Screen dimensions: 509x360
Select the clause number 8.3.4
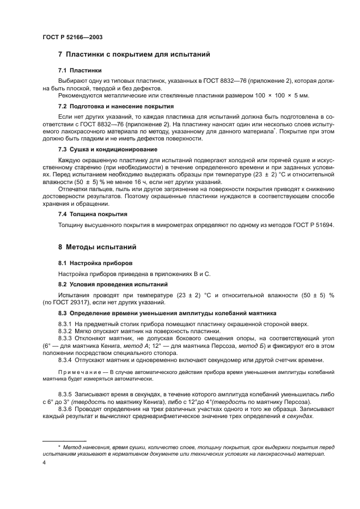point(67,359)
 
